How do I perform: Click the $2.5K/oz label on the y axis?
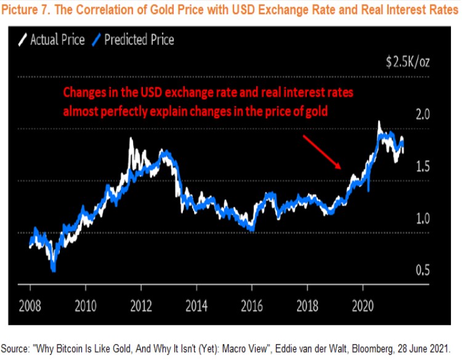point(407,62)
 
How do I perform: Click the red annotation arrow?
point(322,151)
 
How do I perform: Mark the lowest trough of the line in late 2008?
point(54,269)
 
